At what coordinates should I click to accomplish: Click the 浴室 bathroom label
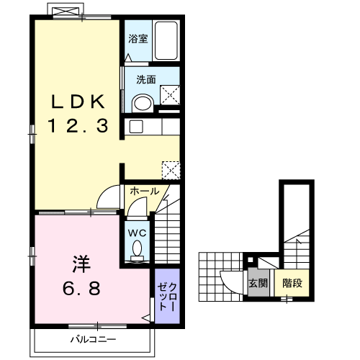pos(138,39)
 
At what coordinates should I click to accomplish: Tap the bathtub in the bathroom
pos(166,41)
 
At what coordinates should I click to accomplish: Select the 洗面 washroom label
pos(146,79)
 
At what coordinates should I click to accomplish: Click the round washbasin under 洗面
pos(143,103)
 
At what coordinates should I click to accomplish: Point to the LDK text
pos(78,102)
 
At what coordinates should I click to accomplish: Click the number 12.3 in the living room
pos(78,126)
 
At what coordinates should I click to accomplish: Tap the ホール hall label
pos(145,192)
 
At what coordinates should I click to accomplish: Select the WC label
pos(138,233)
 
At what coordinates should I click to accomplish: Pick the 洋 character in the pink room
pos(81,264)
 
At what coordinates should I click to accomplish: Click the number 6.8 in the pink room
pos(81,288)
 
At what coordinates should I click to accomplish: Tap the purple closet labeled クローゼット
pos(167,296)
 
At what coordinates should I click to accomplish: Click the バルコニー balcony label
pos(93,339)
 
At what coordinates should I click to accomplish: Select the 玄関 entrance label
pos(258,283)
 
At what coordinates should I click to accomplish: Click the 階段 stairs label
pos(292,283)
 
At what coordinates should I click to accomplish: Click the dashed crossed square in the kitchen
pos(171,170)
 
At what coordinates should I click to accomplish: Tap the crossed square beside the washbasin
pos(170,95)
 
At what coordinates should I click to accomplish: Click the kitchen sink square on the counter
pos(136,127)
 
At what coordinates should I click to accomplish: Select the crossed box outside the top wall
pos(66,11)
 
